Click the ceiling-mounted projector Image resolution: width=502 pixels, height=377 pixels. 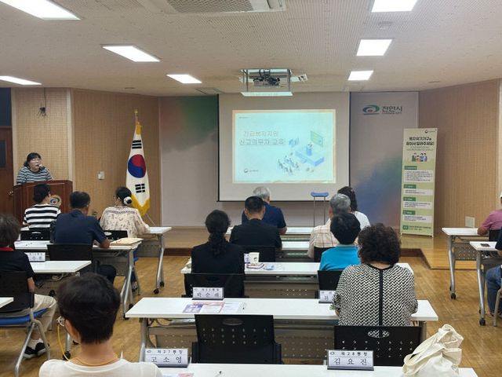click(x=266, y=79)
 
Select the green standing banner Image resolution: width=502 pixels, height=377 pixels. click(x=418, y=182)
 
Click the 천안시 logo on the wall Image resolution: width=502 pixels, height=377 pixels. click(x=382, y=109)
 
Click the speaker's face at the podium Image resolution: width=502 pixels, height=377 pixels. click(x=34, y=160)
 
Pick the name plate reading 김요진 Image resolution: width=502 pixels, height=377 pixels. click(x=350, y=359)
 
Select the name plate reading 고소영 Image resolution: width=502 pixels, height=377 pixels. click(x=166, y=357)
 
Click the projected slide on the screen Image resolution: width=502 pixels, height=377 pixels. click(x=283, y=146)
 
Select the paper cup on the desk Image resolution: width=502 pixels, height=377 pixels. click(x=253, y=258)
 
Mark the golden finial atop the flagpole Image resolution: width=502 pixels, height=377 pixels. click(x=136, y=115)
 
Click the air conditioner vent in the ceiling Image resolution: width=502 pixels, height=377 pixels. click(x=223, y=5)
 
